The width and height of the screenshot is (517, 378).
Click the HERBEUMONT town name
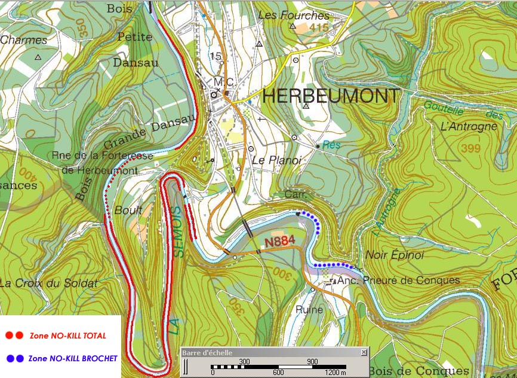331,96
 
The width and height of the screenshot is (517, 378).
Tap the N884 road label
280,242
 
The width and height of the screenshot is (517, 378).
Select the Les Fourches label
293,15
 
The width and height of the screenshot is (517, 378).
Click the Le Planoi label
275,160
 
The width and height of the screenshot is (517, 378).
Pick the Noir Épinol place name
394,255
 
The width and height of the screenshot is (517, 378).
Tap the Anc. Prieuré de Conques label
398,280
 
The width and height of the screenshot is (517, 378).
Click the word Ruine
309,310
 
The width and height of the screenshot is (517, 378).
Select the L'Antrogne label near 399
468,126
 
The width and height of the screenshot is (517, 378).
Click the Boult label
128,210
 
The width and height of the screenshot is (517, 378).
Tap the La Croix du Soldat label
48,283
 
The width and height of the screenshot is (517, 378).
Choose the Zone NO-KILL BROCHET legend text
73,358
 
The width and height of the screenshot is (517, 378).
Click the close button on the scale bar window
364,353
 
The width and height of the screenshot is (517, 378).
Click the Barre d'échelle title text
208,353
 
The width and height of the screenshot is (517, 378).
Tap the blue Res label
331,145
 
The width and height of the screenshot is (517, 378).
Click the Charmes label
23,40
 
